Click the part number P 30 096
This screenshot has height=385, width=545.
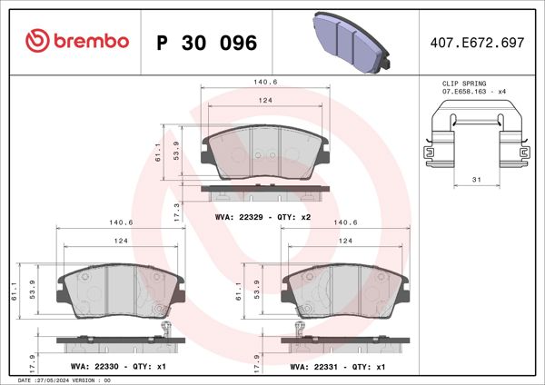[x=207, y=42]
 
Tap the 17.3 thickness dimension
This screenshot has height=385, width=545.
[x=177, y=210]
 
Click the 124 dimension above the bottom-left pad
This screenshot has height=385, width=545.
[x=120, y=241]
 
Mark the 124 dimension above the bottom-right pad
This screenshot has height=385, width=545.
[x=345, y=241]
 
